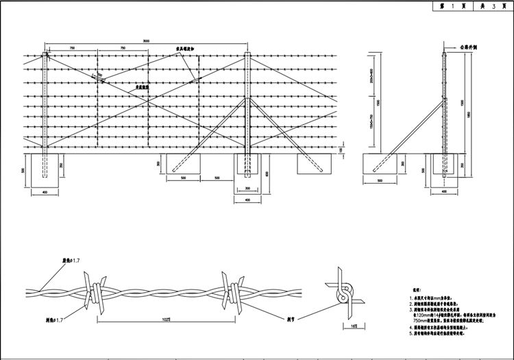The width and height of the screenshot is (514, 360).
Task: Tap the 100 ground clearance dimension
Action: (342, 150)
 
